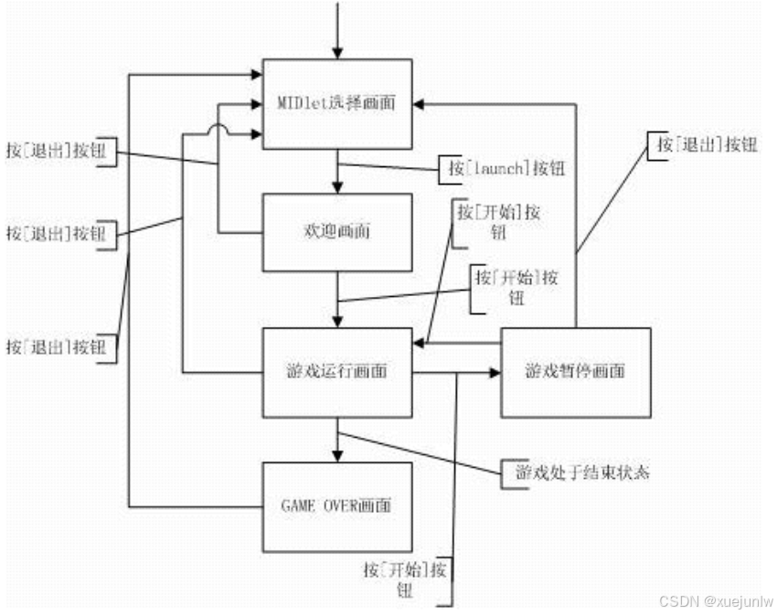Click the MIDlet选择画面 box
click(337, 103)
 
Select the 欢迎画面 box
click(337, 232)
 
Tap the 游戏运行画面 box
click(337, 372)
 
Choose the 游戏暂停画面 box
click(575, 372)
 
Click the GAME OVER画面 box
click(337, 506)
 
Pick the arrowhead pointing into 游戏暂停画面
click(494, 372)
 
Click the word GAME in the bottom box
click(296, 506)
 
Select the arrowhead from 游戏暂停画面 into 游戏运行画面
click(420, 344)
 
